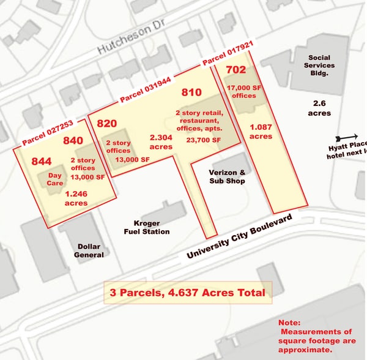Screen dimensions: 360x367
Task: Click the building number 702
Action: [x=235, y=70]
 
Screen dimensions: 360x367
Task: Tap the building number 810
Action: [x=191, y=92]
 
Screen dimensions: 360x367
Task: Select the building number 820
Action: [x=107, y=123]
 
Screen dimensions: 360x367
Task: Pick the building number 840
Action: [x=73, y=140]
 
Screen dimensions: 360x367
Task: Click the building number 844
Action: [x=42, y=161]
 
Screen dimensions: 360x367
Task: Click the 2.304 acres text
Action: [x=161, y=142]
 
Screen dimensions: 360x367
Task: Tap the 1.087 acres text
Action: [x=261, y=132]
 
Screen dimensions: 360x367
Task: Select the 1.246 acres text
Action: [x=76, y=198]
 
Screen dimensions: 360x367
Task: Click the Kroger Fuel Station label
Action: [x=147, y=227]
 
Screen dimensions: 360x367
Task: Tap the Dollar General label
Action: [x=89, y=250]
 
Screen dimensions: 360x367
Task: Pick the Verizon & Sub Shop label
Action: [x=227, y=176]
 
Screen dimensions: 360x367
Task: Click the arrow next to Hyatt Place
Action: [x=348, y=137]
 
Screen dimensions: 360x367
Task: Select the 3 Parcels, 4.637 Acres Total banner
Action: [x=188, y=293]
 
